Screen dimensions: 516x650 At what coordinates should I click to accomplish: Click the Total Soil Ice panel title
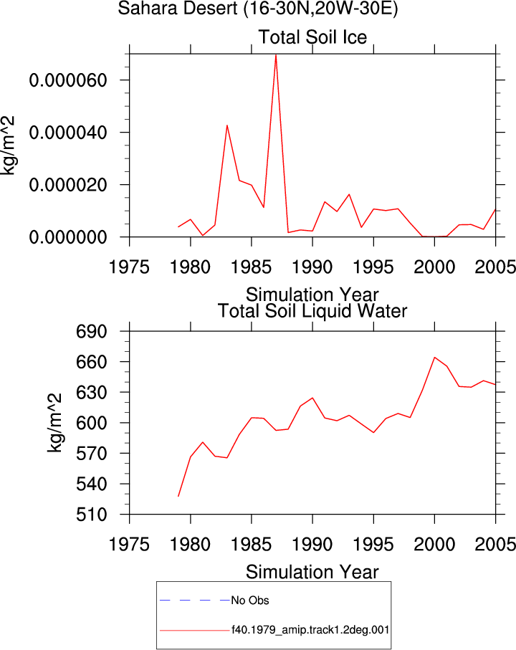point(312,37)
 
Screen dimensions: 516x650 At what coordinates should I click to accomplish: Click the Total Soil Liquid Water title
point(312,310)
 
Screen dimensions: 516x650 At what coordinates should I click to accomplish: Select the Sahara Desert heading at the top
point(258,9)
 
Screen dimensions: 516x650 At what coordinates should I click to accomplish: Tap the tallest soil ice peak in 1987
point(276,54)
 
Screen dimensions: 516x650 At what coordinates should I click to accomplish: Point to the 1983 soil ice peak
point(226,125)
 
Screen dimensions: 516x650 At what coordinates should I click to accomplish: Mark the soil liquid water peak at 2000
point(434,358)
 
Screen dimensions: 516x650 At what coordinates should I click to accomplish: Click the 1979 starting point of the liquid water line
point(178,496)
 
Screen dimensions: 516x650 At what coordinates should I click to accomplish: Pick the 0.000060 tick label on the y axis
point(68,80)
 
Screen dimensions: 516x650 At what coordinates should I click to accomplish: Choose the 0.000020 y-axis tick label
point(68,185)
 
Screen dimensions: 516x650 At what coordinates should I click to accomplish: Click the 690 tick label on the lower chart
point(92,332)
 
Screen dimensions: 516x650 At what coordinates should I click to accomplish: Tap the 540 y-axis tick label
point(92,484)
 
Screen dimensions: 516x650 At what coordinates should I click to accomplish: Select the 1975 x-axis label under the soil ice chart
point(129,267)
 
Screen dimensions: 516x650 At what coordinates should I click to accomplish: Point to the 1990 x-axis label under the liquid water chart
point(312,544)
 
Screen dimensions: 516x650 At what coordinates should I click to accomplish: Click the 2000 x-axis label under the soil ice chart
point(434,267)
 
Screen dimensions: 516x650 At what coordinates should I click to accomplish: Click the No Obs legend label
point(250,601)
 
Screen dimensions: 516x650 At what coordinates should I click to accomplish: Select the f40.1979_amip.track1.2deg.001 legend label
point(310,630)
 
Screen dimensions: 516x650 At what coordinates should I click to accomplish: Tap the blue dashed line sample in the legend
point(194,600)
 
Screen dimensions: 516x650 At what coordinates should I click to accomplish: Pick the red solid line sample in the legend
point(194,631)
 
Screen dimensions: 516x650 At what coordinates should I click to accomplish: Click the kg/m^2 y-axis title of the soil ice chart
point(7,145)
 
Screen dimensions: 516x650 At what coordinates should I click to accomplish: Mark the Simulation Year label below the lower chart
point(312,572)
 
